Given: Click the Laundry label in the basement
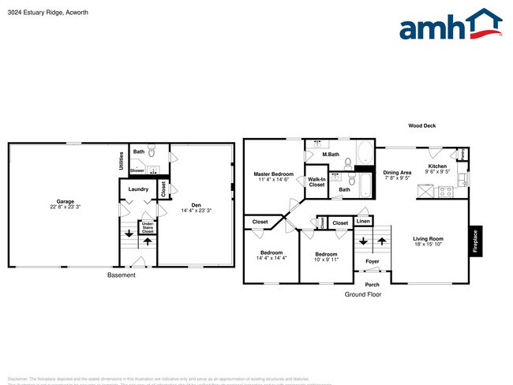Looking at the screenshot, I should click(x=138, y=189).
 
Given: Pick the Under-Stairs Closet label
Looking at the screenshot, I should click(x=148, y=227).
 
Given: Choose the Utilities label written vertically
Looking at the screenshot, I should click(x=122, y=161).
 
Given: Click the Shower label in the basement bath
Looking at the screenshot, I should click(x=137, y=170).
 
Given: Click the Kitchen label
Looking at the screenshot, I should click(x=437, y=166).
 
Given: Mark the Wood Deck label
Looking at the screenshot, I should click(x=421, y=125).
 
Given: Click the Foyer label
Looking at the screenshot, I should click(x=372, y=261).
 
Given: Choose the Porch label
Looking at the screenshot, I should click(x=372, y=284).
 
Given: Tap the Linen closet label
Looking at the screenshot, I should click(x=363, y=222).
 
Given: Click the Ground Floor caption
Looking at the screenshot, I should click(x=362, y=294).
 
